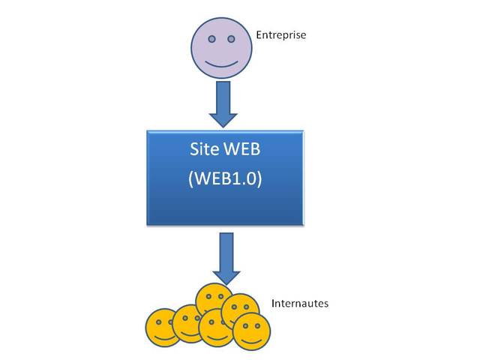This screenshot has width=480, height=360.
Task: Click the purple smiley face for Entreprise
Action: [221, 47]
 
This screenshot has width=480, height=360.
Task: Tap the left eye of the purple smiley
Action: [212, 38]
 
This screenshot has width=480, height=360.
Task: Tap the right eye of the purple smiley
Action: [230, 38]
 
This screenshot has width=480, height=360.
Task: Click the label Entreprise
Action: [281, 35]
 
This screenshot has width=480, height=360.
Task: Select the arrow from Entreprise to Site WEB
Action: [223, 104]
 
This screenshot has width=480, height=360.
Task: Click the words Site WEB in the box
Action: [225, 150]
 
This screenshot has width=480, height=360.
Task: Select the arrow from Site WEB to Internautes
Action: [223, 255]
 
